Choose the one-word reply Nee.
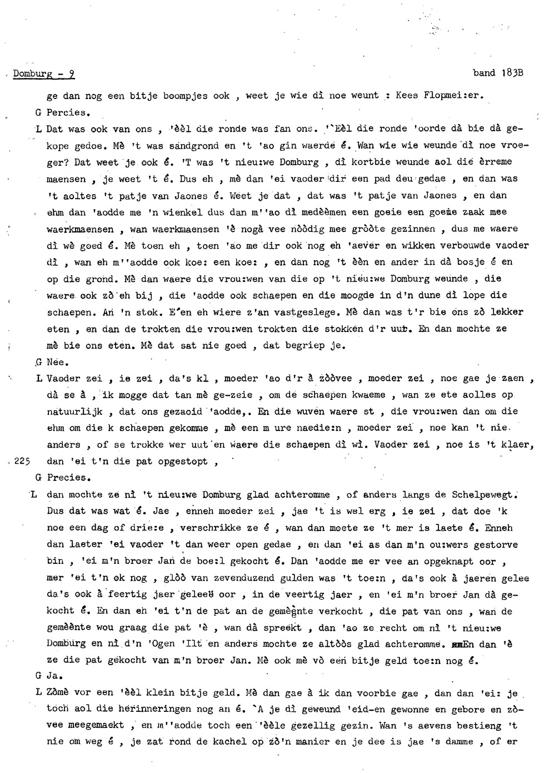(57, 362)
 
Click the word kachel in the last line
(234, 741)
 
